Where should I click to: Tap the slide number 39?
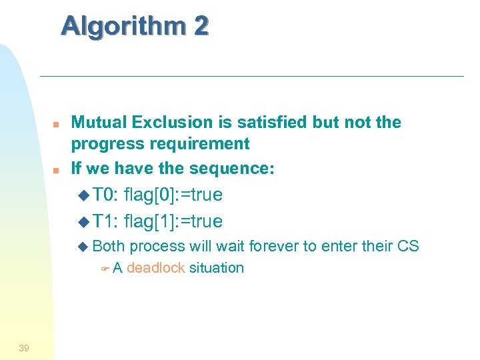[24, 347]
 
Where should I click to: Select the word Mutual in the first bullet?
[99, 123]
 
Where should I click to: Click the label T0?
[105, 195]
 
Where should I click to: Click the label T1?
[105, 221]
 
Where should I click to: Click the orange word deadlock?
[155, 268]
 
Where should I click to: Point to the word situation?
[216, 268]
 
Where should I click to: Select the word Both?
[109, 246]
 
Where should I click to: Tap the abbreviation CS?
[407, 246]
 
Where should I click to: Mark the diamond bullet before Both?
[83, 247]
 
